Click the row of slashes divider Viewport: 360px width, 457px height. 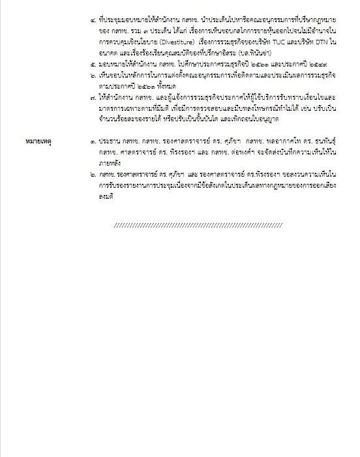click(198, 225)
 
